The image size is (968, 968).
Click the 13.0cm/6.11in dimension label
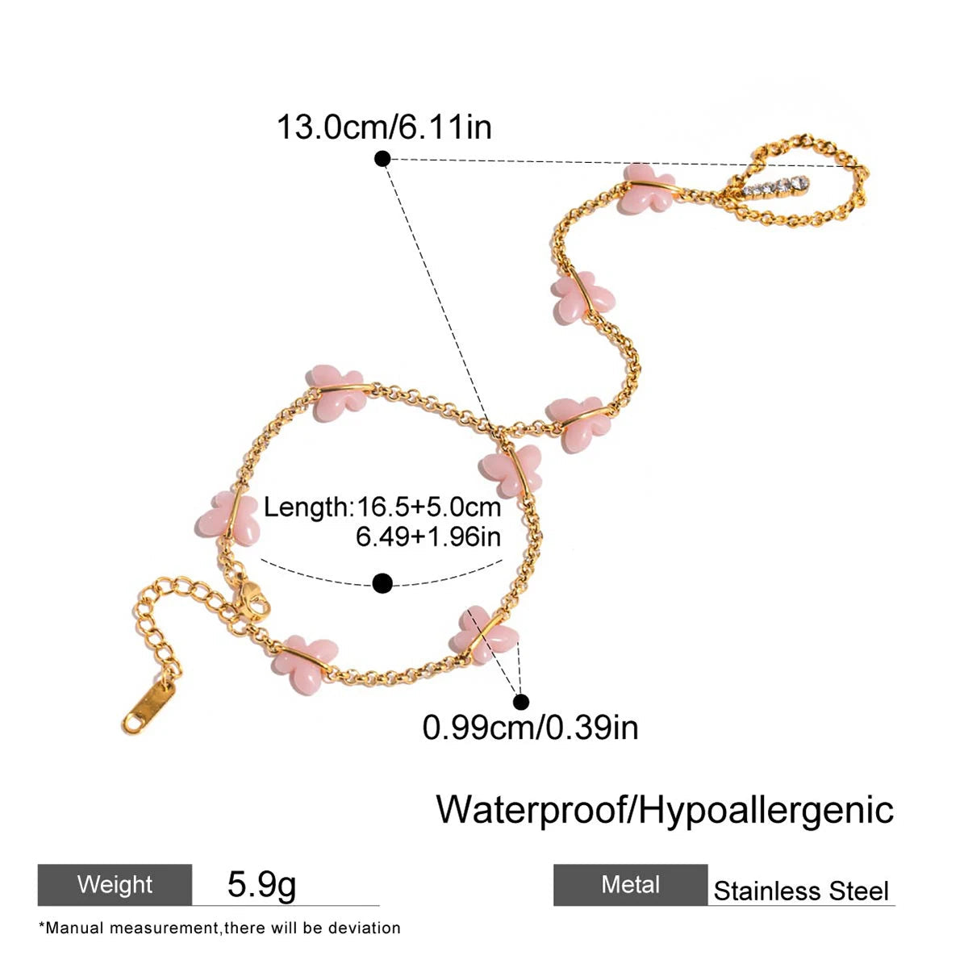point(384,127)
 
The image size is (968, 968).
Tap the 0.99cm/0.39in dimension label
point(530,728)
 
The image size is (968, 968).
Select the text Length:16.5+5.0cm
point(382,507)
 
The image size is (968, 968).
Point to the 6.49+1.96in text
point(428,536)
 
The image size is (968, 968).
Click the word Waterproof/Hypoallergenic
point(665,809)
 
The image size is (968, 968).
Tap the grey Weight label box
point(115,885)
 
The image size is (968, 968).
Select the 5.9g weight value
point(261,885)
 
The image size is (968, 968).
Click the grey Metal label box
point(630,885)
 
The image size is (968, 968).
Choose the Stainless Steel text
point(801,891)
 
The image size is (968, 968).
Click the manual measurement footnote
point(219,928)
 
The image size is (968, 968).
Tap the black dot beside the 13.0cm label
point(383,159)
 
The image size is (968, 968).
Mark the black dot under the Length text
point(383,582)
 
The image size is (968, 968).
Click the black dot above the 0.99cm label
point(521,702)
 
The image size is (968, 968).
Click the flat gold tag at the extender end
point(149,705)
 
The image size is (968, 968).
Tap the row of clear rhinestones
point(776,188)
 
